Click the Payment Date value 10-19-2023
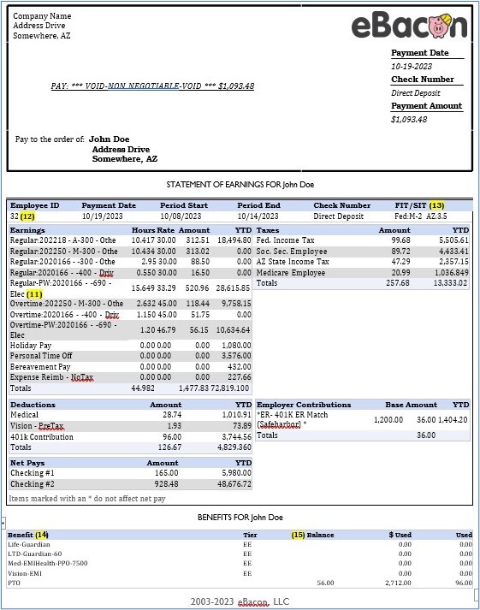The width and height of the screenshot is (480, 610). point(412,66)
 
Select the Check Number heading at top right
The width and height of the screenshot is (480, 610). point(423,80)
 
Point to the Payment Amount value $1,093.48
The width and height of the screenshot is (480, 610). point(409,119)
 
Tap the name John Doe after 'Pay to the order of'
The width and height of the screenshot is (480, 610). point(110,139)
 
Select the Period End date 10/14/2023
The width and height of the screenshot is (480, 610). point(259,217)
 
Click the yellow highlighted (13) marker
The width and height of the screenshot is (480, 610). point(437,205)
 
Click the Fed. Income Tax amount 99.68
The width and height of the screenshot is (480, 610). point(400,241)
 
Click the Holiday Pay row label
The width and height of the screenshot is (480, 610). point(33,345)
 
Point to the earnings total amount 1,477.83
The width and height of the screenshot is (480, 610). point(193,388)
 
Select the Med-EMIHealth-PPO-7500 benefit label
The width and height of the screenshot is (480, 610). point(48,563)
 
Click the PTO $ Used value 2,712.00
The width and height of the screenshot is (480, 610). point(395,583)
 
